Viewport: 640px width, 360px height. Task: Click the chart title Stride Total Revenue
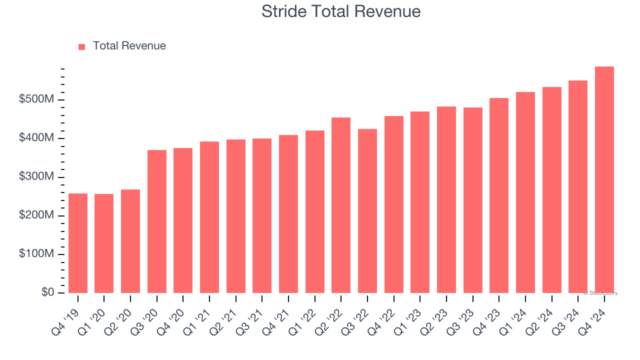click(340, 11)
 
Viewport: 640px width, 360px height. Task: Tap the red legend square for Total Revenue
click(82, 46)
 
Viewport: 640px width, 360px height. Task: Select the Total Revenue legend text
click(129, 46)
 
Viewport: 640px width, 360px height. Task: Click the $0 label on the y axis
click(47, 292)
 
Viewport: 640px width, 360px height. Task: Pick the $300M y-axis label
click(36, 177)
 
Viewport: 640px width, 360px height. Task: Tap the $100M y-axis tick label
click(36, 254)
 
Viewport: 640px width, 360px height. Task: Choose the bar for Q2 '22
click(341, 205)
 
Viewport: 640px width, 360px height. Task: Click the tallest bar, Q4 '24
click(604, 180)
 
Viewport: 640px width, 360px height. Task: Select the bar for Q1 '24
click(525, 192)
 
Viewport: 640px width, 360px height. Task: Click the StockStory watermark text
click(600, 293)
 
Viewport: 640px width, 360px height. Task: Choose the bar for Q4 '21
click(288, 214)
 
